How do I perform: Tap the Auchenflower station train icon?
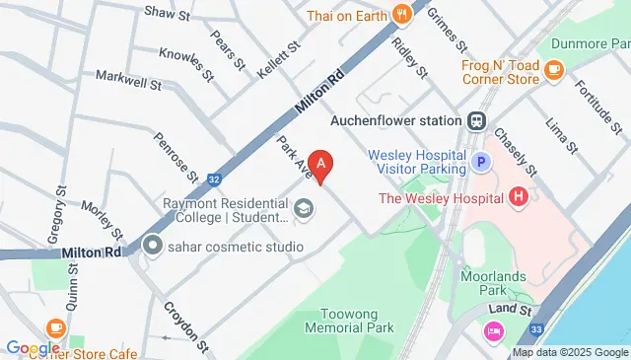coord(476,120)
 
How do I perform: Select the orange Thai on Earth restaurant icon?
coord(400,14)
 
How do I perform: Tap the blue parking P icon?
coord(480,162)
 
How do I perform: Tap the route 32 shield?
coord(215,180)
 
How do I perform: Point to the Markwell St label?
coord(127,78)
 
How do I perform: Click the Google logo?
coord(33,347)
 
